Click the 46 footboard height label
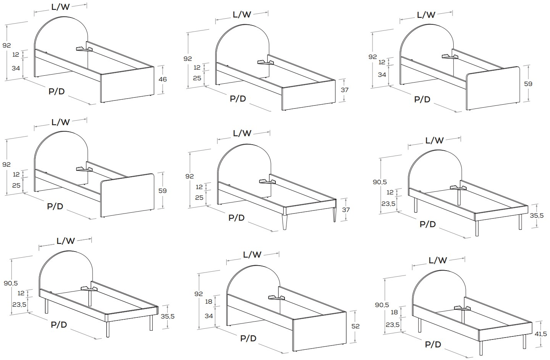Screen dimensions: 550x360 [163, 79]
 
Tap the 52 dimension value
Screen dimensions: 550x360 [355, 326]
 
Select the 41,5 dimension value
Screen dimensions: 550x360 [541, 334]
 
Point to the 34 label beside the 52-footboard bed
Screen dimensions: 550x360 [209, 316]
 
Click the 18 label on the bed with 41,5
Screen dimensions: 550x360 [394, 312]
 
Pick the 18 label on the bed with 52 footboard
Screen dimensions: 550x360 [208, 301]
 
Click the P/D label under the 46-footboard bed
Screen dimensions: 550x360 [56, 91]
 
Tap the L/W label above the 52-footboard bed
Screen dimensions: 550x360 [252, 255]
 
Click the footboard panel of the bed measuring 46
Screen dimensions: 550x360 [127, 84]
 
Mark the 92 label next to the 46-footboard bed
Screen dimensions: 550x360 [6, 45]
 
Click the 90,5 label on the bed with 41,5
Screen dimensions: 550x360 [382, 305]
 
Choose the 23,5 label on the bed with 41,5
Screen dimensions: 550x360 [392, 325]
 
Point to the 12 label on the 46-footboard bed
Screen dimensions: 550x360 [16, 54]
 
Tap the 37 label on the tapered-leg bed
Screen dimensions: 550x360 [346, 210]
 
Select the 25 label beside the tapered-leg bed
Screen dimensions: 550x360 [199, 198]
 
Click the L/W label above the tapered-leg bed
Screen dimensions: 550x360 [242, 133]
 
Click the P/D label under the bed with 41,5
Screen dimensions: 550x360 [433, 344]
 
